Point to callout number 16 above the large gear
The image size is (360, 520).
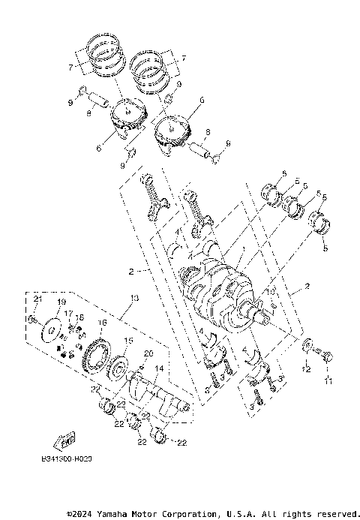pos(103,323)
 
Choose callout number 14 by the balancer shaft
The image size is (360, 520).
pos(159,369)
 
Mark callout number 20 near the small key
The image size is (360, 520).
pos(148,353)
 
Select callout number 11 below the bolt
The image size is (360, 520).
pos(327,383)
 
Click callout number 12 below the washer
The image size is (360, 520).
pos(306,370)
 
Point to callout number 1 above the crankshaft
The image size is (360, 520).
pos(241,248)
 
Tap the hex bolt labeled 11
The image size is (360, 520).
pos(328,356)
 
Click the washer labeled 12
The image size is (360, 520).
pos(307,347)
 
